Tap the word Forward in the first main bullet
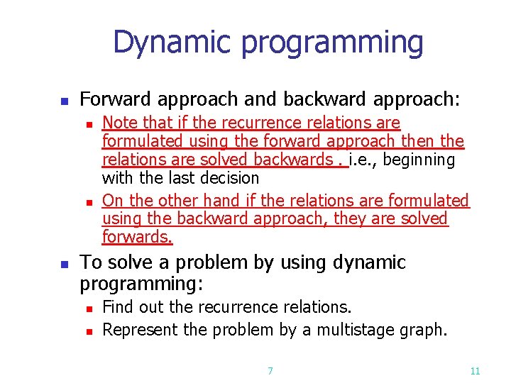point(110,98)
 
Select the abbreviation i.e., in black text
point(362,160)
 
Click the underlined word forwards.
point(137,236)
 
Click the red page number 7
point(270,370)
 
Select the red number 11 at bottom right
point(476,370)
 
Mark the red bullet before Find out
point(88,309)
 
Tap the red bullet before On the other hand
point(88,202)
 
